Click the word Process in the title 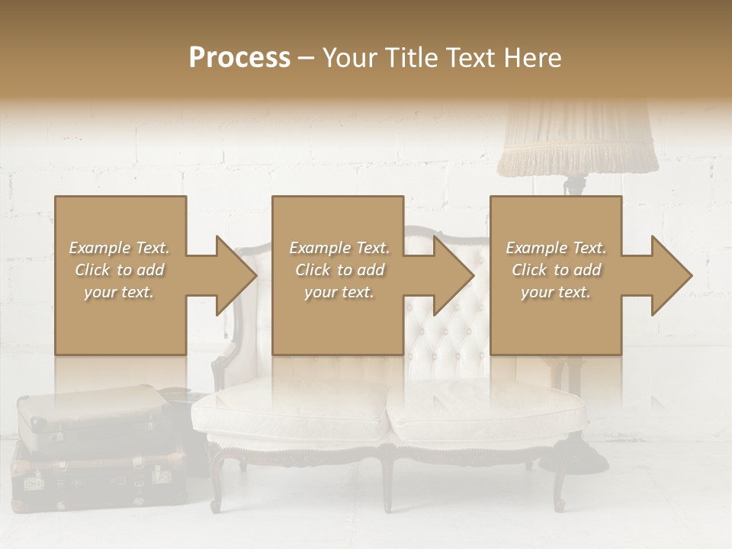[x=239, y=58]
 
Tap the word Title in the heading [x=410, y=58]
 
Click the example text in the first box [x=119, y=270]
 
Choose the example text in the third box [x=556, y=270]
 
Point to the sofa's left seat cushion [x=290, y=416]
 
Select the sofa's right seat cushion [x=488, y=416]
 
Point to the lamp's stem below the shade [x=576, y=185]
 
